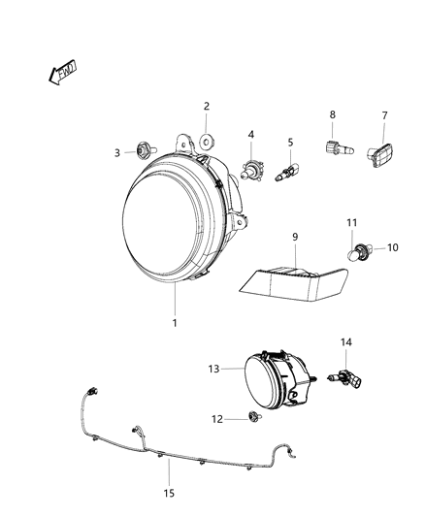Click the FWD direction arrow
pyautogui.click(x=62, y=74)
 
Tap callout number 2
pyautogui.click(x=206, y=106)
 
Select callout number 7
pyautogui.click(x=383, y=115)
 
